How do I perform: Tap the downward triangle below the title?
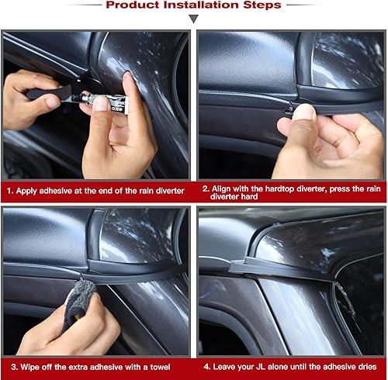coord(194,18)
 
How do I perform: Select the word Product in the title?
coord(133,5)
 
